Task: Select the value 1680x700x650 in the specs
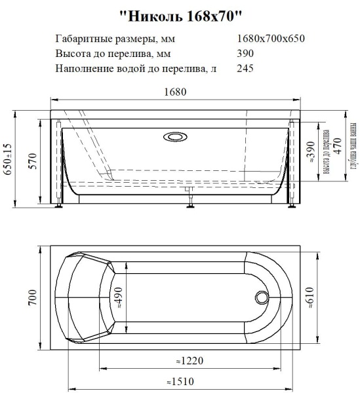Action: [x=270, y=38]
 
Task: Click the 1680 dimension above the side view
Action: [x=175, y=92]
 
